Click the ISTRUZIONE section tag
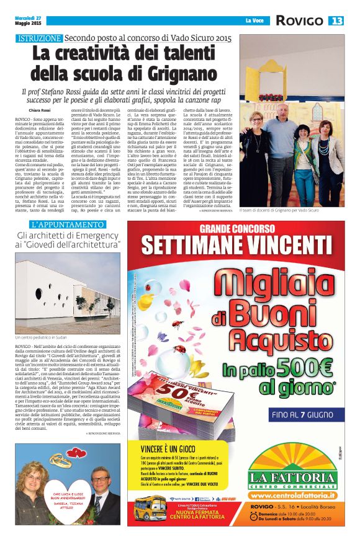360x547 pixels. [x=40, y=38]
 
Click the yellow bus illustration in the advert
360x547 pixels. [x=150, y=511]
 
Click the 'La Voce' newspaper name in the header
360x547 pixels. [x=255, y=21]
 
